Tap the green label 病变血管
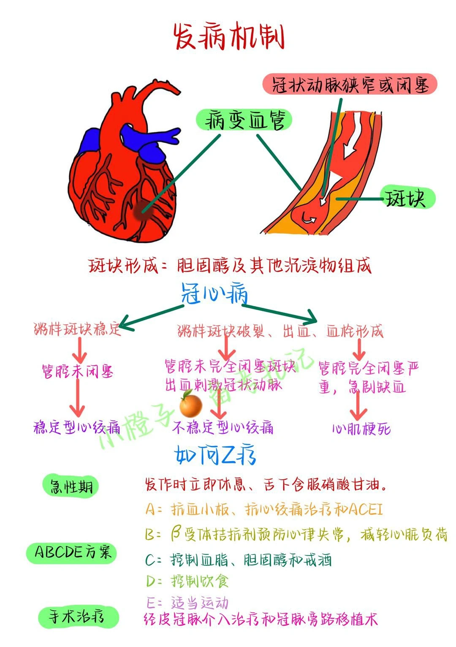pos(244,120)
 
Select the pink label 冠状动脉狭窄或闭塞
pos(350,84)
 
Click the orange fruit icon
pos(190,404)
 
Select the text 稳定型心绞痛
pos(77,428)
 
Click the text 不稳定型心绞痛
pos(223,428)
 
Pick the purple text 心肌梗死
pos(361,429)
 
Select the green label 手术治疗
pos(78,617)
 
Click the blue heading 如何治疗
pos(215,455)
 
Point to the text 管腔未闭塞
pos(77,372)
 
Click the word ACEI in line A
pos(366,509)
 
